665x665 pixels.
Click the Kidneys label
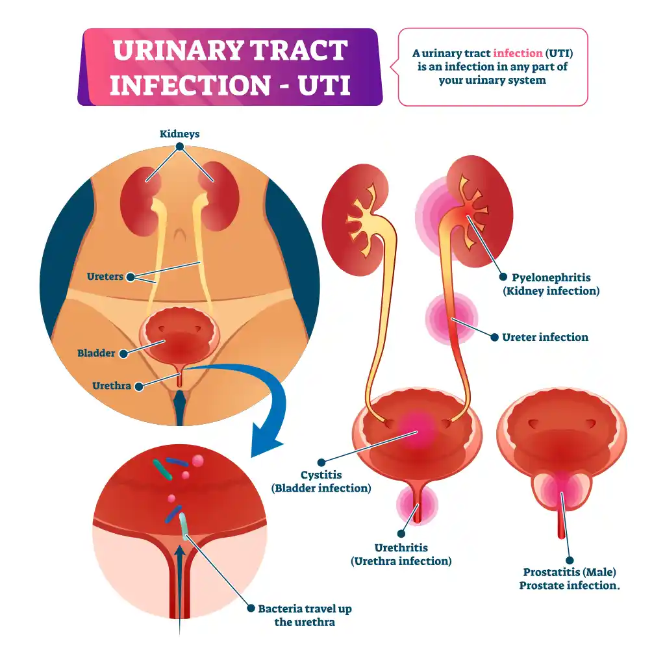[179, 134]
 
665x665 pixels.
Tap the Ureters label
[105, 277]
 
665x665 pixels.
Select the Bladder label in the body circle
[96, 353]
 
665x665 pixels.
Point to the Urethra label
[112, 386]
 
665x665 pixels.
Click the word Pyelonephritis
[551, 278]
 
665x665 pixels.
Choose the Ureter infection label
[545, 337]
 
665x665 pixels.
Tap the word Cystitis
[321, 475]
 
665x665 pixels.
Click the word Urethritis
[401, 547]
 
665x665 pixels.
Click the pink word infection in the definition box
[518, 53]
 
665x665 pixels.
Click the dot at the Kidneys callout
[180, 146]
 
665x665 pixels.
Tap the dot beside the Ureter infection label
[494, 338]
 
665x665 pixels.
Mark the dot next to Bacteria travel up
[251, 608]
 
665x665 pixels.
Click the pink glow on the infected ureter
[451, 319]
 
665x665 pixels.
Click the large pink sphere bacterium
[197, 460]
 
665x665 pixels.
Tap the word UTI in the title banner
[324, 85]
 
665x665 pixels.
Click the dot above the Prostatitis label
[570, 560]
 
